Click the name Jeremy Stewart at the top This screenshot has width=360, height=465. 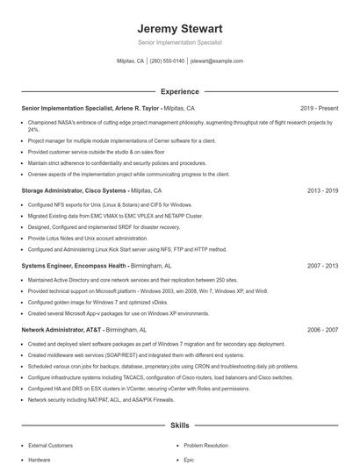(180, 29)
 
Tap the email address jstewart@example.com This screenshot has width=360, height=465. (217, 61)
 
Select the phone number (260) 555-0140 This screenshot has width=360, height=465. (167, 61)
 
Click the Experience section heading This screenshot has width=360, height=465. (180, 91)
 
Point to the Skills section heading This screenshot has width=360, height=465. (180, 425)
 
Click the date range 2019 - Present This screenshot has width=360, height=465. (319, 108)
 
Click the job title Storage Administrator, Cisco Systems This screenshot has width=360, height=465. (74, 190)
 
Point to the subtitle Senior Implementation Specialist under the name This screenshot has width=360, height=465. (180, 42)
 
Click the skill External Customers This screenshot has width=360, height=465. (51, 446)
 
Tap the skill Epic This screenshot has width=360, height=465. (189, 460)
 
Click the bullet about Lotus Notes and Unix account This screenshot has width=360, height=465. (88, 238)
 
